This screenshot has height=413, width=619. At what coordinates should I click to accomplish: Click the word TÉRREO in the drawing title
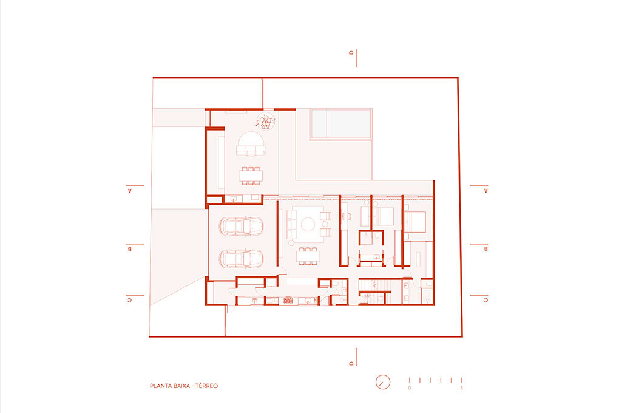(x=206, y=386)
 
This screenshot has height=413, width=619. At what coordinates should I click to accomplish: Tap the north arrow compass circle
(x=382, y=382)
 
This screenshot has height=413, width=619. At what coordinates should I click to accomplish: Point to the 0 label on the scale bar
(x=410, y=388)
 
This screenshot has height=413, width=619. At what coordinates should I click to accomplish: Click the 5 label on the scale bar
(x=461, y=388)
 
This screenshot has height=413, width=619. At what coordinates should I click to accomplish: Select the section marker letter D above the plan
(x=351, y=53)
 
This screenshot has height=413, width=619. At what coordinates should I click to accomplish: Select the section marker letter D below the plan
(x=351, y=363)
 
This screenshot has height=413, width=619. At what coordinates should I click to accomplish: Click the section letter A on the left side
(x=130, y=191)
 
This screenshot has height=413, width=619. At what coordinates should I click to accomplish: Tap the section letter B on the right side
(x=486, y=249)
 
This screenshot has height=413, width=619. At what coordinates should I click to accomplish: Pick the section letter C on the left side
(x=129, y=300)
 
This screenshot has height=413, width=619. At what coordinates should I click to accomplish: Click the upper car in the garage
(x=241, y=227)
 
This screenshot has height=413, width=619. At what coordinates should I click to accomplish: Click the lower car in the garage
(x=241, y=259)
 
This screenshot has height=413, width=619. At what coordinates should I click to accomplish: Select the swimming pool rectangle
(x=341, y=124)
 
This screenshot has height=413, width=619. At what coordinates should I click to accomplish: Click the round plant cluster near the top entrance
(x=266, y=121)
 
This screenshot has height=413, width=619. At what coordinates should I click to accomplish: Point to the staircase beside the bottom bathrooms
(x=374, y=285)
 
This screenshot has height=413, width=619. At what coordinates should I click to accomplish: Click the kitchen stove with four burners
(x=289, y=301)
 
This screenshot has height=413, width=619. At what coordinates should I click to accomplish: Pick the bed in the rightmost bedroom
(x=414, y=222)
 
